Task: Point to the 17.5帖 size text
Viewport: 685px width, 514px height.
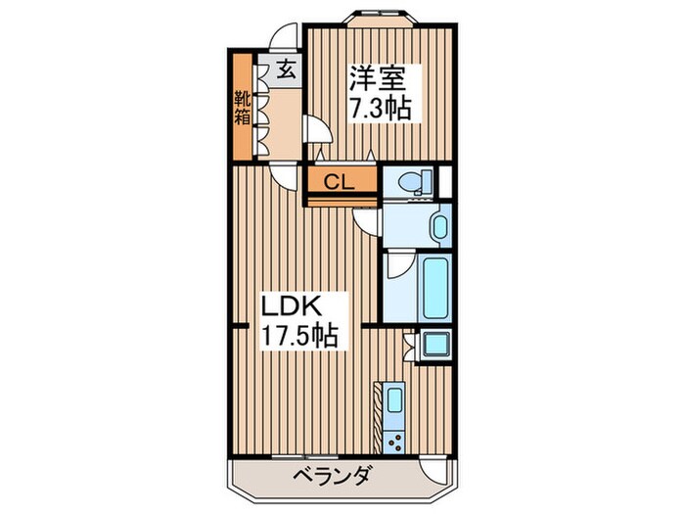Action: point(297,337)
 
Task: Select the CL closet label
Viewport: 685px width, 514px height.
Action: point(339,180)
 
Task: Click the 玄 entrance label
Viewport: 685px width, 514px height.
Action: point(286,70)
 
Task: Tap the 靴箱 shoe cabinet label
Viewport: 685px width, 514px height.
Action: point(242,109)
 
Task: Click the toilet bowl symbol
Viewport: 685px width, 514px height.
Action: point(411,180)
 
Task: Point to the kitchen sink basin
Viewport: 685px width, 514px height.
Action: point(394,399)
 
